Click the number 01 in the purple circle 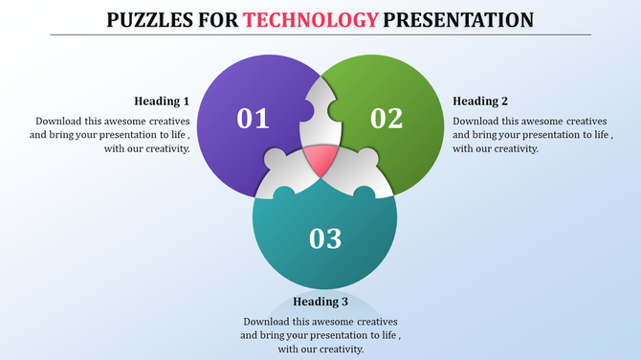[254, 119]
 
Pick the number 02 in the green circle [387, 119]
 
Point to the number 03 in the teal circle [325, 238]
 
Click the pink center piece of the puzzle [320, 158]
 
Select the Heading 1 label [162, 101]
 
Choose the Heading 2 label [480, 101]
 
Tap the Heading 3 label [320, 302]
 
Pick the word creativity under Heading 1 [165, 148]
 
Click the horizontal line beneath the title [320, 34]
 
